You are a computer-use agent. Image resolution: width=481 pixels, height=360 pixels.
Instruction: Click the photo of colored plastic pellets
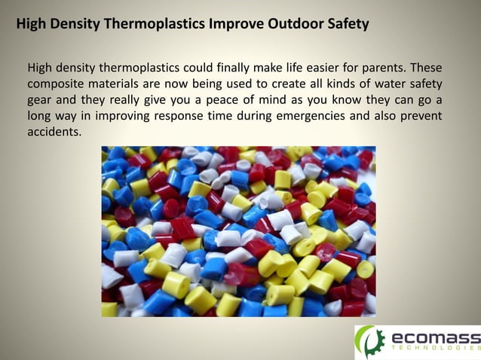[x=238, y=231]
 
